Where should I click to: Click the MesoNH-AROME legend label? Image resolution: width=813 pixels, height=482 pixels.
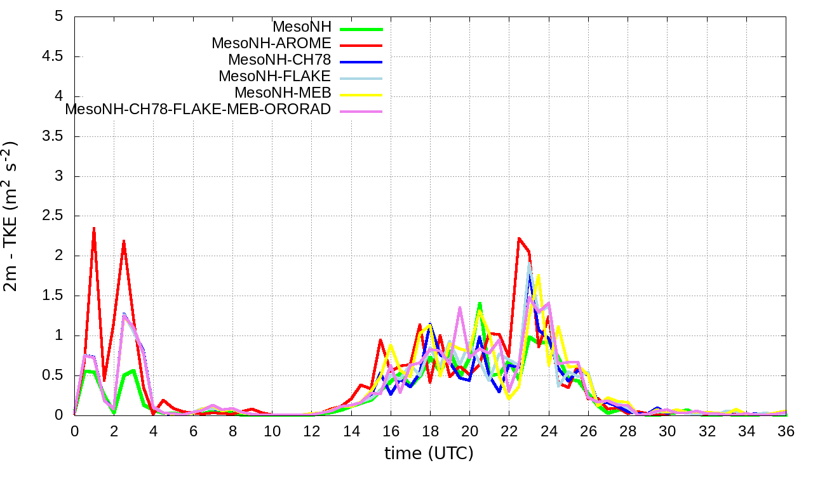coord(271,44)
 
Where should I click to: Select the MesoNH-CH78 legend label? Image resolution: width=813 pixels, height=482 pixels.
coord(279,60)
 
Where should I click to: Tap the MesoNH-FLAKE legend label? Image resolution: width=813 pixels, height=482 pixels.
coord(274,77)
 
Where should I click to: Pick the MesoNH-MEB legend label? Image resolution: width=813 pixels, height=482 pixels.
coord(283,93)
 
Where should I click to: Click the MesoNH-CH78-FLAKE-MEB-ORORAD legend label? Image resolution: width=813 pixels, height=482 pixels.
coord(198,110)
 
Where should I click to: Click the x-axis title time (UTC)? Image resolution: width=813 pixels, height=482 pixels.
coord(429,453)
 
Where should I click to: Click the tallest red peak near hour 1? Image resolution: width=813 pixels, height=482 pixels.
coord(94,228)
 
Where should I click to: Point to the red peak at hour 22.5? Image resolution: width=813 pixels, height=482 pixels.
coord(519,238)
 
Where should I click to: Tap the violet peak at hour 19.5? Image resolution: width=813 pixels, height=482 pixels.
coord(460,308)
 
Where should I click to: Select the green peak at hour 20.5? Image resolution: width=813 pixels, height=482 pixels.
coord(480,303)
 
